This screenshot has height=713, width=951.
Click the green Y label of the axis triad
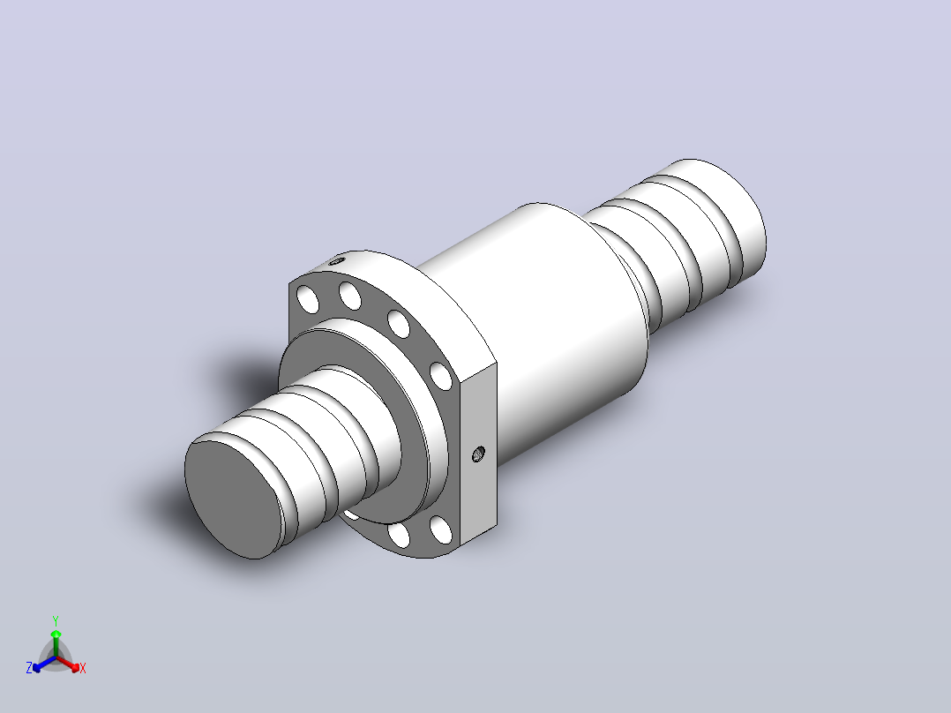56,620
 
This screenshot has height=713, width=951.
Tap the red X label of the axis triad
83,668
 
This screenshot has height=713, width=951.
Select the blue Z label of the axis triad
29,668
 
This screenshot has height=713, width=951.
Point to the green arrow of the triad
56,642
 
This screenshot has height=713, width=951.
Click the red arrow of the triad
68,664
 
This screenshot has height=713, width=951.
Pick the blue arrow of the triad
44,664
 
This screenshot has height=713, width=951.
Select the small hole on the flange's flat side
478,454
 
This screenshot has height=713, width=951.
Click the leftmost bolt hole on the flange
308,300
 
